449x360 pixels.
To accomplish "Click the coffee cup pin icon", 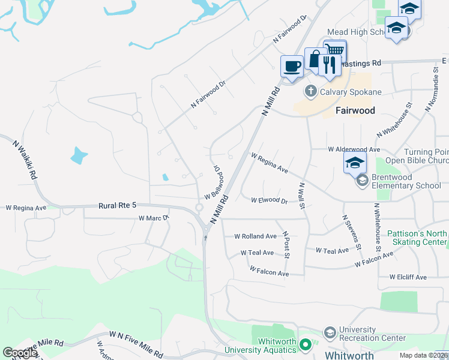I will tap(292, 67).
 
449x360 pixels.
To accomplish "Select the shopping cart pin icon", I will tap(335, 51).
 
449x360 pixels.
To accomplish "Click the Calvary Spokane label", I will tap(351, 92).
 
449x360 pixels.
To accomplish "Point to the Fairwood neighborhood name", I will tap(355, 110).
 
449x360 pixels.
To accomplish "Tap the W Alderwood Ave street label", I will tap(354, 149).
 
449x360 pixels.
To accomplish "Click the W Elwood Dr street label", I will tap(269, 200).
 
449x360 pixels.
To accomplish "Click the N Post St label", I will tap(287, 245).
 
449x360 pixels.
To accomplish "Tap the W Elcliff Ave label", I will tap(408, 277).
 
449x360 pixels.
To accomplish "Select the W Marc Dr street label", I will tap(154, 218).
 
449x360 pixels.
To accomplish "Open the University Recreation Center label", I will tap(372, 334).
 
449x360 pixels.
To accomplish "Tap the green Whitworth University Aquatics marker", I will tap(306, 344).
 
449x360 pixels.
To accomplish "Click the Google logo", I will tap(19, 353).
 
